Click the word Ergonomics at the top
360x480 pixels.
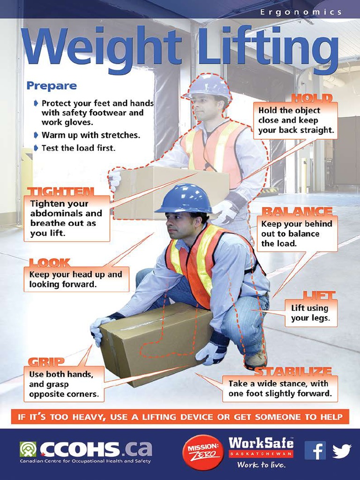pos(300,12)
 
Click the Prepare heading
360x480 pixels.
pos(52,86)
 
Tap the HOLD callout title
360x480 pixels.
pos(312,98)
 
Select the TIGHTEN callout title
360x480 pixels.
pos(60,192)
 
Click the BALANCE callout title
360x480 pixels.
pos(297,211)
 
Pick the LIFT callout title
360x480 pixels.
pos(319,295)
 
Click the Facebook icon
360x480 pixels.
pos(315,450)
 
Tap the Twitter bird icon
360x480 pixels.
pos(342,451)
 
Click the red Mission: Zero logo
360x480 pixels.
pos(202,452)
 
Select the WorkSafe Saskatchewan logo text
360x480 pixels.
pos(261,448)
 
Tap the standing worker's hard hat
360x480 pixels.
pos(209,86)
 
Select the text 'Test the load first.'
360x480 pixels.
pos(78,148)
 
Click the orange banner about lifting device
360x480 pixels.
pos(180,416)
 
